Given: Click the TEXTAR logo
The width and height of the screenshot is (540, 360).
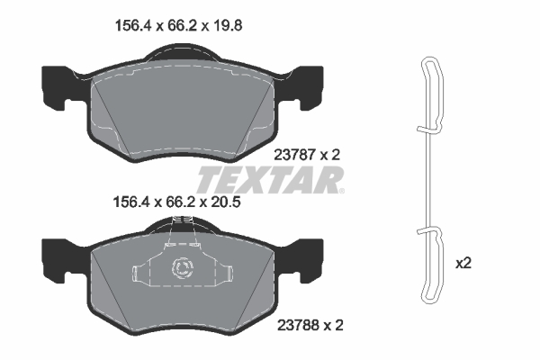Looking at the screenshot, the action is click(270, 180).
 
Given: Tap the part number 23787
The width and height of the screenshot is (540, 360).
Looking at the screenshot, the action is click(295, 155).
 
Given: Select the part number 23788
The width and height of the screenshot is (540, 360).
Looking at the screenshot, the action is click(299, 325).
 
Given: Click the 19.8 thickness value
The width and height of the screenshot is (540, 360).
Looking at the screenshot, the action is click(227, 25).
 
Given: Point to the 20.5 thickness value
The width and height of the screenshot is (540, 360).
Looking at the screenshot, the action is click(225, 202).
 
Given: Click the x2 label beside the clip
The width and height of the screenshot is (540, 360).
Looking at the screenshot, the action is click(463, 264).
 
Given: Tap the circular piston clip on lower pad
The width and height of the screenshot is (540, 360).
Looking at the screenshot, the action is click(183, 267).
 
